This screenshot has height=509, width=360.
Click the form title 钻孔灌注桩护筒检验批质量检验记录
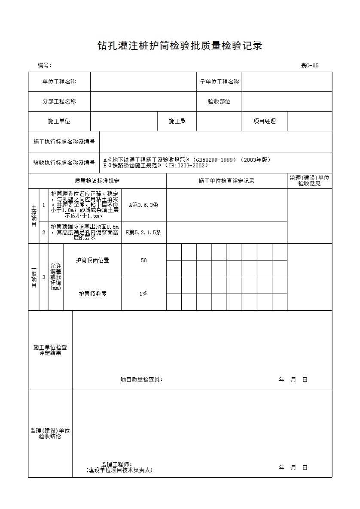pyautogui.click(x=180, y=46)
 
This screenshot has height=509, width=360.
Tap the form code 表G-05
pyautogui.click(x=309, y=66)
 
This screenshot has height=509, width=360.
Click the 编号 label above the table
pyautogui.click(x=44, y=65)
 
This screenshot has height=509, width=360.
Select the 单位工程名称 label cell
pyautogui.click(x=59, y=82)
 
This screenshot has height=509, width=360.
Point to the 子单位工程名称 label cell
pyautogui.click(x=219, y=82)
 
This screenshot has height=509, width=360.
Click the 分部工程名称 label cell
pyautogui.click(x=59, y=101)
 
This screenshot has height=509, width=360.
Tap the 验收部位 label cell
pyautogui.click(x=219, y=102)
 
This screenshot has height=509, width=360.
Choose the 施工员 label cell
pyautogui.click(x=177, y=121)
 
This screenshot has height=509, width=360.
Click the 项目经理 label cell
pyautogui.click(x=264, y=121)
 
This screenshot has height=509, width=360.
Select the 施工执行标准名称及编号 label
pyautogui.click(x=64, y=142)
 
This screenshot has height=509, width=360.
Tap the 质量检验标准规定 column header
pyautogui.click(x=97, y=181)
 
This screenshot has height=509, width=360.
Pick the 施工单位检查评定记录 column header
pyautogui.click(x=226, y=181)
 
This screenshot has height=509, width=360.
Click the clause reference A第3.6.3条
pyautogui.click(x=143, y=205)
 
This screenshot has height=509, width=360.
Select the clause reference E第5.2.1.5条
pyautogui.click(x=143, y=233)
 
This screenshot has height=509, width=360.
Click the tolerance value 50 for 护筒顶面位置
pyautogui.click(x=143, y=261)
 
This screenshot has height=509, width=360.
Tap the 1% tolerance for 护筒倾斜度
pyautogui.click(x=143, y=294)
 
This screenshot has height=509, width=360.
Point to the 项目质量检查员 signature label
pyautogui.click(x=141, y=379)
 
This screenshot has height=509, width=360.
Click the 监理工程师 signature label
pyautogui.click(x=117, y=464)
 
